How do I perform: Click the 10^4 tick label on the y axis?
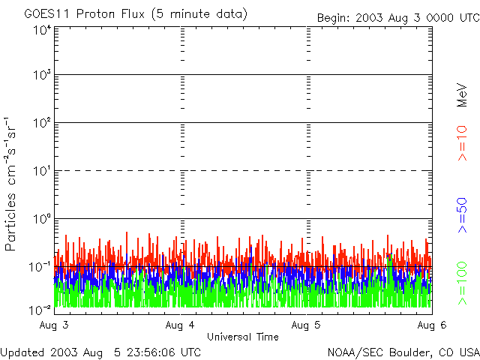pos(41,30)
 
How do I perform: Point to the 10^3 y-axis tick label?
pos(41,75)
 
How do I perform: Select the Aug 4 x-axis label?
pos(180,325)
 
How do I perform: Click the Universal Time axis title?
pos(243,337)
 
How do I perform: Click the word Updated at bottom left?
pos(23,351)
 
